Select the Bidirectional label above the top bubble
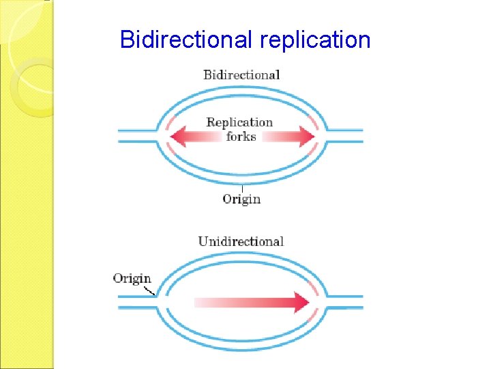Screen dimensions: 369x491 pos(241,74)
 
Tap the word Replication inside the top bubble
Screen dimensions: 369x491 pos(239,122)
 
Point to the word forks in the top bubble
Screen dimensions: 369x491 pos(241,137)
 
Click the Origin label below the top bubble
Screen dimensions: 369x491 pos(241,199)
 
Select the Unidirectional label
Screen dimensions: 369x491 pos(241,241)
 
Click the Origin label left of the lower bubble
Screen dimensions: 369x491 pos(132,278)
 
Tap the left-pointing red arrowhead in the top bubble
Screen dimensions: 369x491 pos(179,137)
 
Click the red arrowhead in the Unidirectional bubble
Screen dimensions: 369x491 pos(301,302)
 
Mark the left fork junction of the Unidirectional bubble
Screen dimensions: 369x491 pos(160,301)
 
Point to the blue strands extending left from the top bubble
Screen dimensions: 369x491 pos(138,135)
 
